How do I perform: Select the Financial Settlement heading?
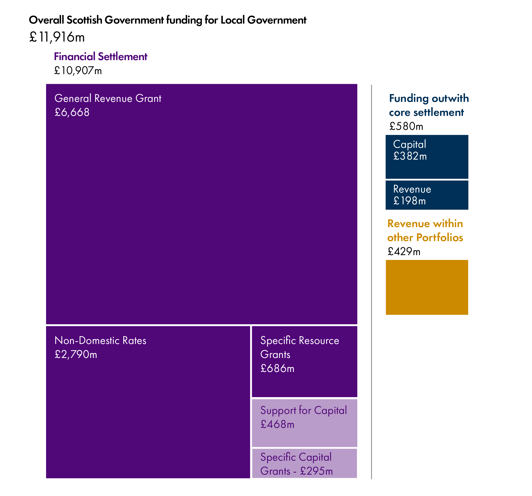(x=101, y=57)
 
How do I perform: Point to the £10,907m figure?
(x=78, y=71)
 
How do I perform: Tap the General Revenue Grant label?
(x=108, y=98)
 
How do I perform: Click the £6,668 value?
(x=72, y=112)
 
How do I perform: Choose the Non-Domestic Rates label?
(x=100, y=340)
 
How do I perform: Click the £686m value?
(x=277, y=368)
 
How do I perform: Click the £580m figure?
(x=406, y=126)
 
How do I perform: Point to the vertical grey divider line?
(x=371, y=281)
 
